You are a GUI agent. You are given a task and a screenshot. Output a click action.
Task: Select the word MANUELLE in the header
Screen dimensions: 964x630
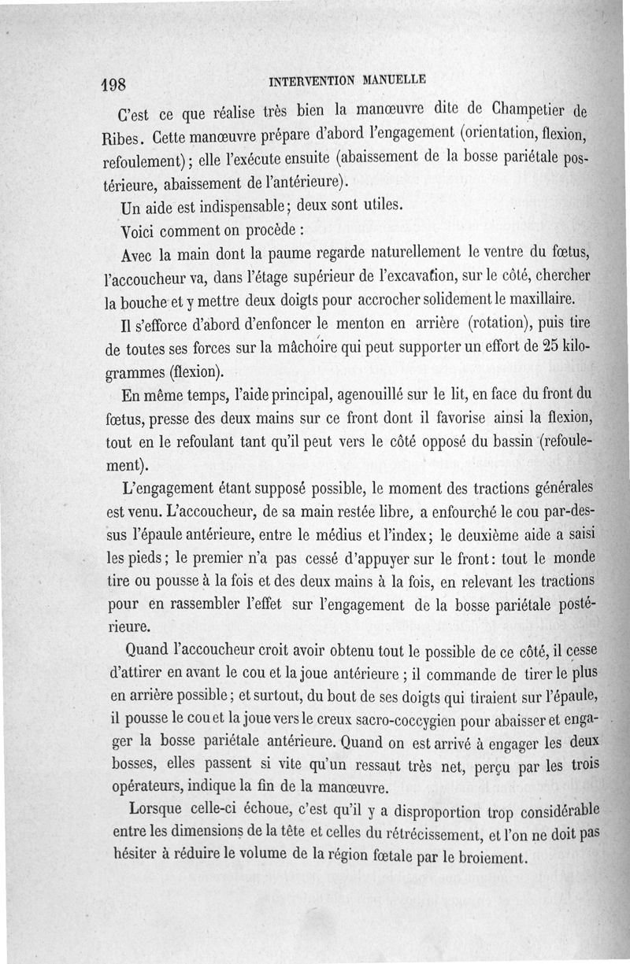coord(394,79)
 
